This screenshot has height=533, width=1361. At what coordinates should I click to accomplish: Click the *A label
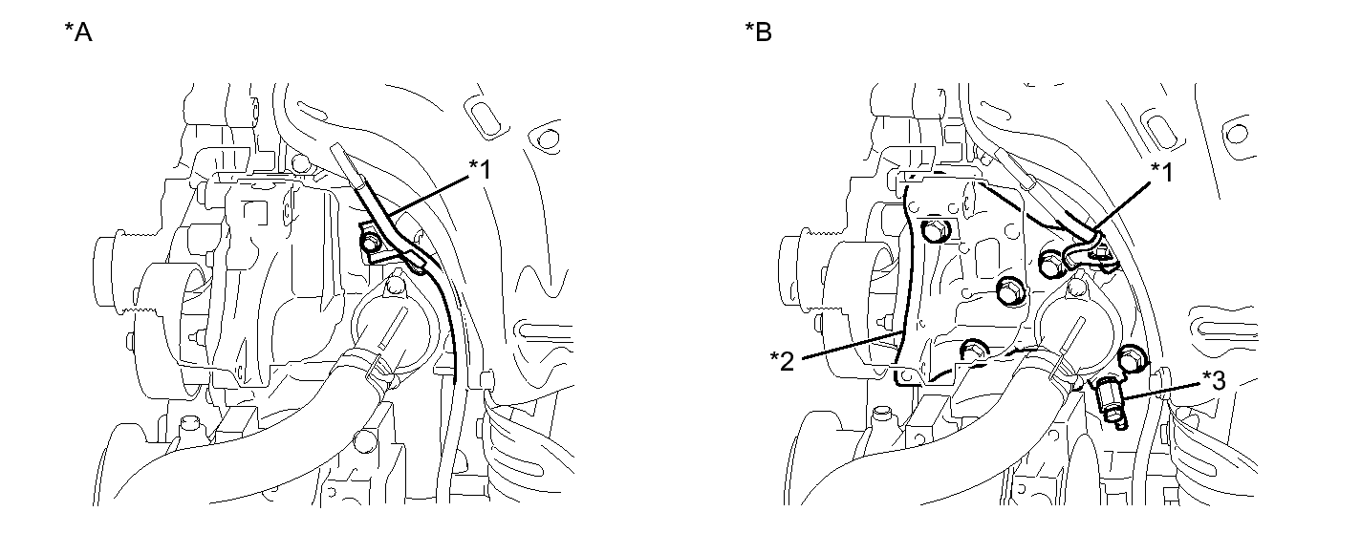tap(78, 32)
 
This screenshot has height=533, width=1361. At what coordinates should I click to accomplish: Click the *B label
tap(759, 32)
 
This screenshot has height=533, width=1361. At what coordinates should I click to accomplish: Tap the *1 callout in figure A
tap(480, 169)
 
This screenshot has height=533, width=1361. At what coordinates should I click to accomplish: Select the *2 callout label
tap(783, 361)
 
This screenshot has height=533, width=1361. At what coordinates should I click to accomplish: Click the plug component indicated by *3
tap(1113, 402)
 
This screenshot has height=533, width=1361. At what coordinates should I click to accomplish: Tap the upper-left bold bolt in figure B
tap(933, 231)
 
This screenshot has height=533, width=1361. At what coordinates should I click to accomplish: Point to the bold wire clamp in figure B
tap(1088, 255)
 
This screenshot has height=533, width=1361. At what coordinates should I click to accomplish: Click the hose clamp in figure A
tap(378, 372)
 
